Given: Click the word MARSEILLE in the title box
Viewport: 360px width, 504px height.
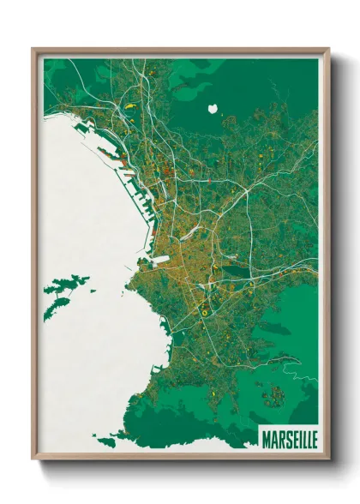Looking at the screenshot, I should (x=287, y=438).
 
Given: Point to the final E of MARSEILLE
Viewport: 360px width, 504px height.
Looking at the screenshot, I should (x=313, y=438).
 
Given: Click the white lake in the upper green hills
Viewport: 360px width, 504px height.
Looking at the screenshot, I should (x=213, y=110).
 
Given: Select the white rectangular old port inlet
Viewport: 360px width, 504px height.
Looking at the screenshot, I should (x=160, y=256).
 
